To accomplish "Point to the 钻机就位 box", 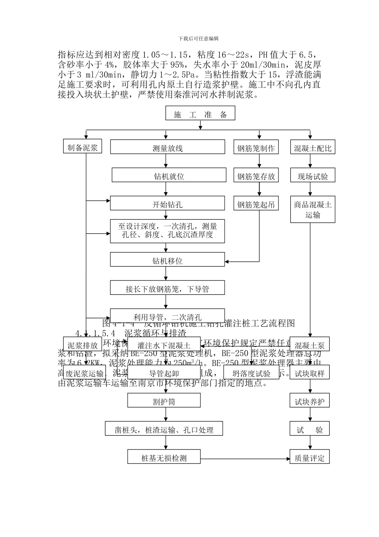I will click(x=169, y=175).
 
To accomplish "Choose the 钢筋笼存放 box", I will click(x=256, y=175).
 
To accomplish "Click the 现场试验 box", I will click(x=312, y=175).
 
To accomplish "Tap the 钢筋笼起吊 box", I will click(x=256, y=204).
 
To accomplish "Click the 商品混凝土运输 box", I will click(x=312, y=209).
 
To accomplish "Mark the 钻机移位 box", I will click(x=168, y=260).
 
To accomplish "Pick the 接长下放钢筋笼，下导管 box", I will click(x=168, y=288).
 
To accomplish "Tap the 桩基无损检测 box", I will click(x=164, y=457).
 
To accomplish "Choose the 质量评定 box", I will click(x=309, y=457).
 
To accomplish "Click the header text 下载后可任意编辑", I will click(x=198, y=38).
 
